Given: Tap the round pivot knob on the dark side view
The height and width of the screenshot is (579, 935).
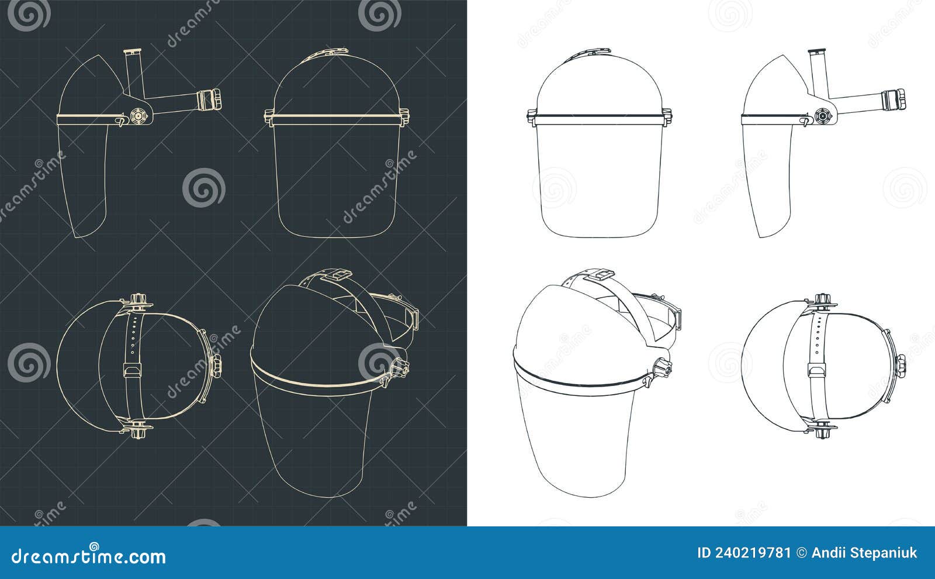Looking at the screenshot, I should [138, 116].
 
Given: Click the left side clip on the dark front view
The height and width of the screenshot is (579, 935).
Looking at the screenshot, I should [269, 116].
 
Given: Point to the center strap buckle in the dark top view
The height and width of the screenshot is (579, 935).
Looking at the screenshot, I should [132, 370].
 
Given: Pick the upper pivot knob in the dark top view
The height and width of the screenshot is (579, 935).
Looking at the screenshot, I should [138, 301].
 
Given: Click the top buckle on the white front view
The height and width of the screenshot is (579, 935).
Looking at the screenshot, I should [597, 53].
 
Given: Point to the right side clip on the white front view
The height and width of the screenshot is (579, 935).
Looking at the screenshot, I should [666, 116].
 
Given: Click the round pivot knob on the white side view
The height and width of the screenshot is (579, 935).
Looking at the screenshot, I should [822, 117].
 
